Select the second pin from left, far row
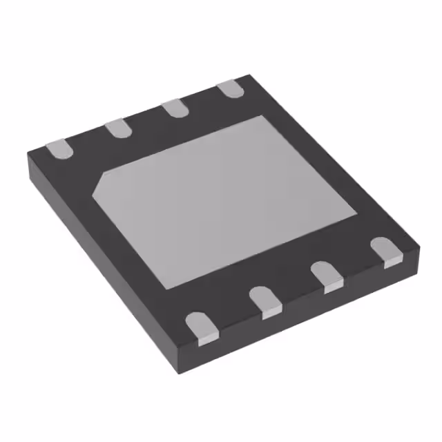pos(117,128)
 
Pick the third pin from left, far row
pos(175,108)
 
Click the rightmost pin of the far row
pos(230,89)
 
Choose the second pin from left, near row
pos(265,301)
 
